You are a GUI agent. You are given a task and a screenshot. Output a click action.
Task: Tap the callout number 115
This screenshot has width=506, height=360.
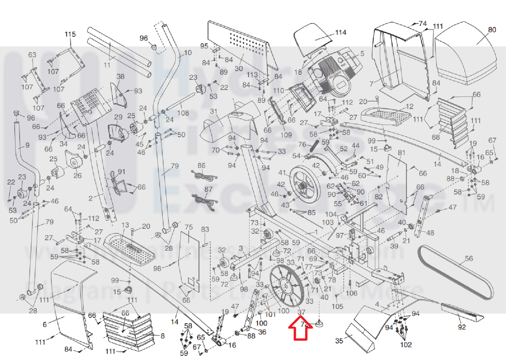pyautogui.click(x=70, y=34)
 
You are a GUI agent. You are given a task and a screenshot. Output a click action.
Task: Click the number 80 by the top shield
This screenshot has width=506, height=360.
pyautogui.click(x=492, y=30)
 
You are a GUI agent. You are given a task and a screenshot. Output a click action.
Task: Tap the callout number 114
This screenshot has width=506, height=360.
pyautogui.click(x=341, y=32)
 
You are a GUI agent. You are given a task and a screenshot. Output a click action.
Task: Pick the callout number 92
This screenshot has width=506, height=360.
pyautogui.click(x=461, y=327)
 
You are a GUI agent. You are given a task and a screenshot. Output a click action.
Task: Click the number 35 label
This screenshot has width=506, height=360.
pyautogui.click(x=339, y=341)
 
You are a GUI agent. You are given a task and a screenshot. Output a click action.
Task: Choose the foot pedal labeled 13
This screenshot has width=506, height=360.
pyautogui.click(x=129, y=247)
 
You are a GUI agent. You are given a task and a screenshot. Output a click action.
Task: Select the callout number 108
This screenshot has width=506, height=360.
pyautogui.click(x=183, y=113)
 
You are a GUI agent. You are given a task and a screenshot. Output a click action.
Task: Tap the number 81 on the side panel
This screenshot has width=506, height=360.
pyautogui.click(x=401, y=153)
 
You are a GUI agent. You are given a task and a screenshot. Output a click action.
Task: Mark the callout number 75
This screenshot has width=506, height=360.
pyautogui.click(x=189, y=227)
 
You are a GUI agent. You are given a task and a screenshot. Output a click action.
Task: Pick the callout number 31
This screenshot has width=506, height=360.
pyautogui.click(x=213, y=111)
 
